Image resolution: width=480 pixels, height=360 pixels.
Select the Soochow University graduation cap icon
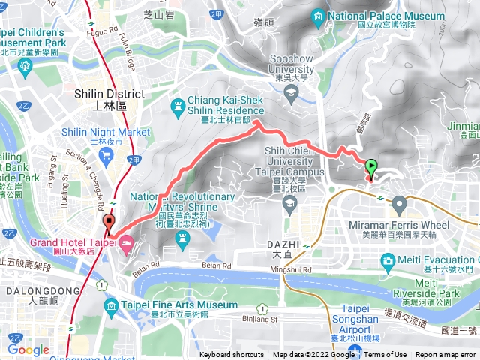click(x=292, y=91)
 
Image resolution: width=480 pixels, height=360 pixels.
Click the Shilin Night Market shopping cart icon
click(x=106, y=156)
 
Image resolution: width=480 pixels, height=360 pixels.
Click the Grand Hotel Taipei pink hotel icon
click(x=125, y=243)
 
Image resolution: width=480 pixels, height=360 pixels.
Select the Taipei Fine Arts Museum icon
click(x=111, y=305)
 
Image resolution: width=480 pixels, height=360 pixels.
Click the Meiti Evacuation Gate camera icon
click(x=388, y=261)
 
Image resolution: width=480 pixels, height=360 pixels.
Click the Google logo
click(x=28, y=349)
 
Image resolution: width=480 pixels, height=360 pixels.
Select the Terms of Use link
click(x=385, y=355)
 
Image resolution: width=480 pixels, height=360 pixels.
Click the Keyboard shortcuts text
click(x=232, y=355)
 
